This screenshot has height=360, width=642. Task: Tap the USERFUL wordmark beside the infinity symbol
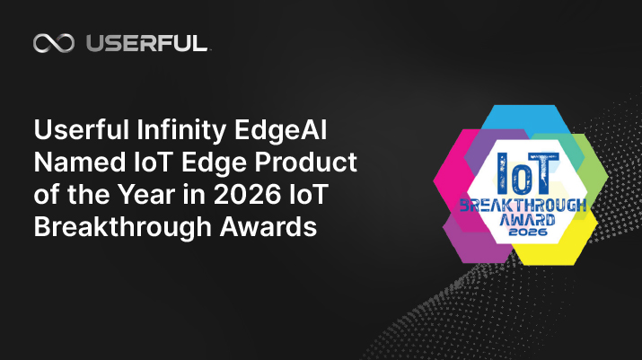click(146, 43)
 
